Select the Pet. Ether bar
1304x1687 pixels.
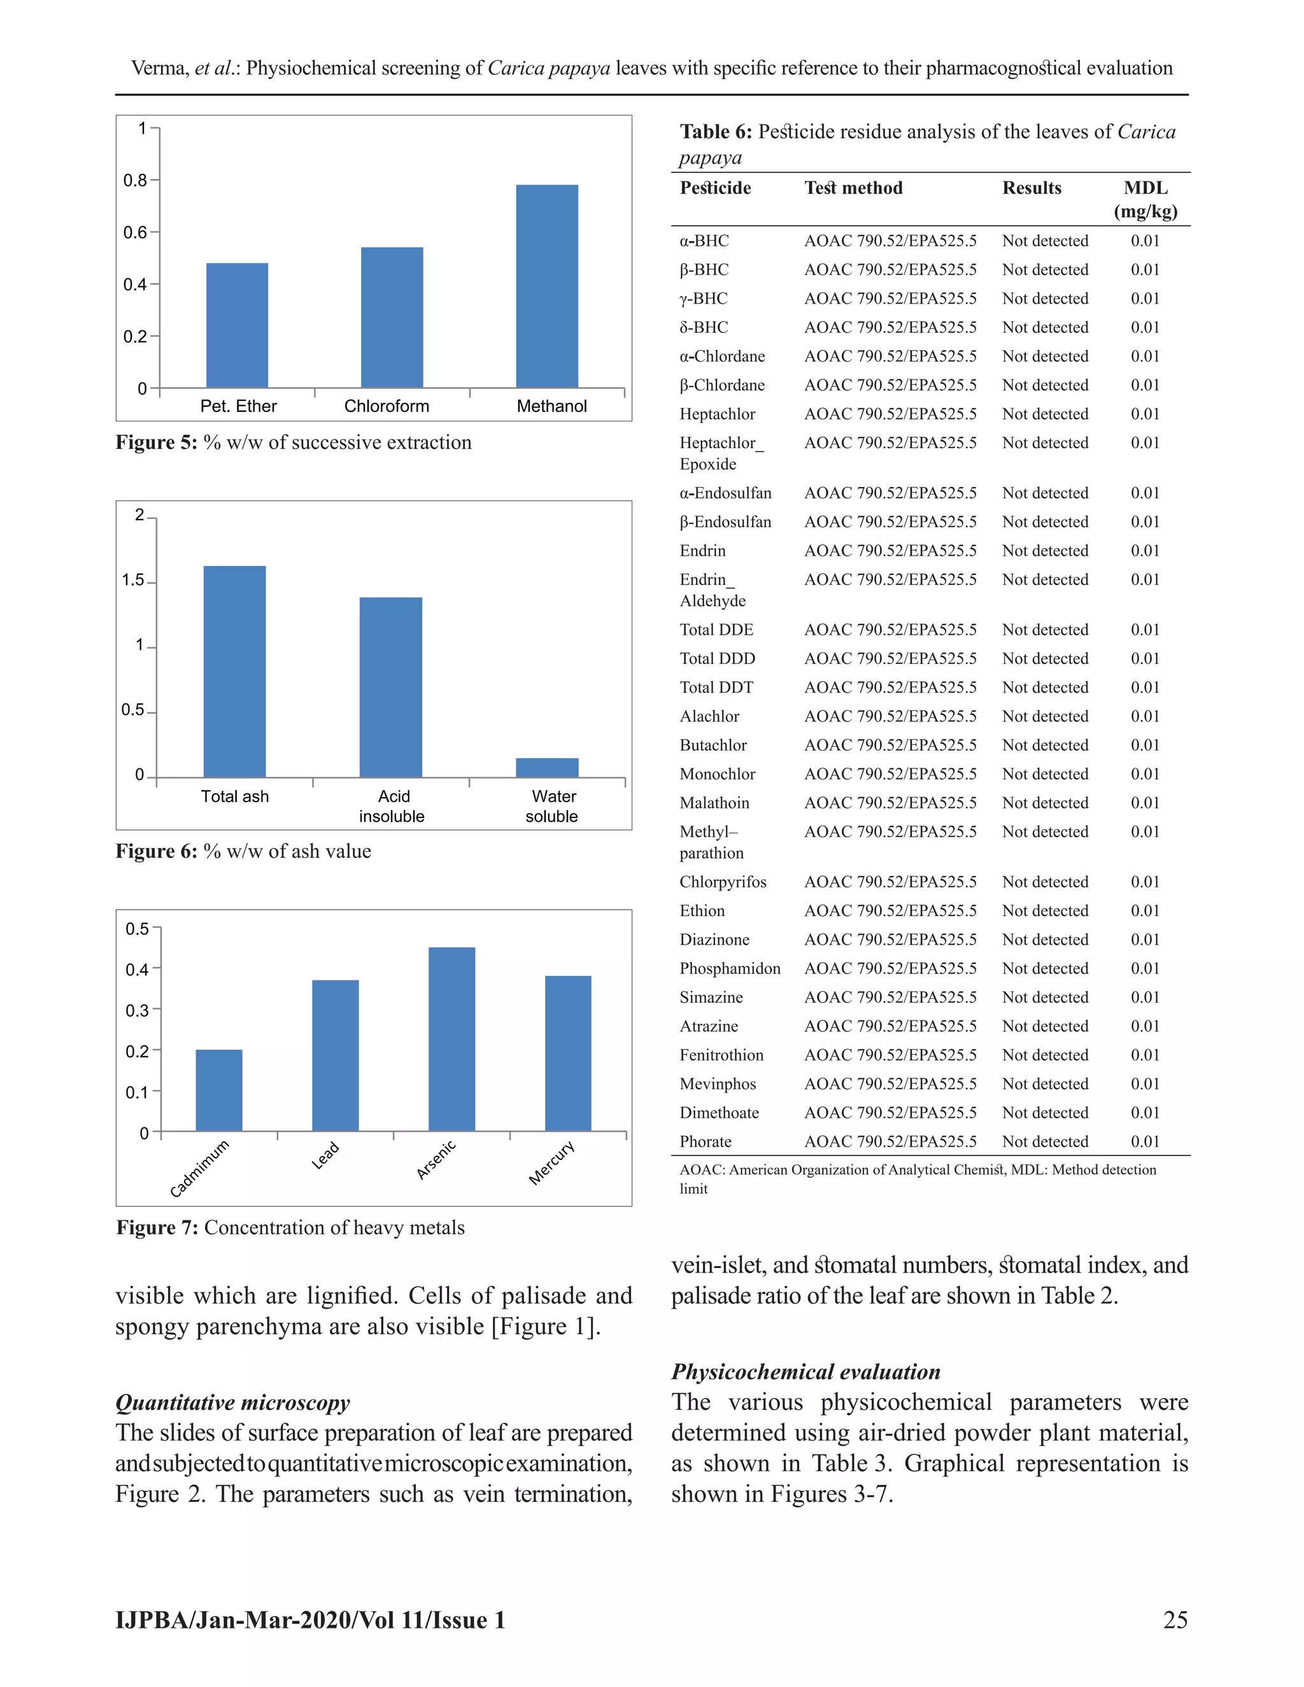click(x=237, y=325)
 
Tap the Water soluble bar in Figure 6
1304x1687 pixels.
click(x=547, y=768)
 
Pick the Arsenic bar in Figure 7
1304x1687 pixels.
click(x=452, y=1039)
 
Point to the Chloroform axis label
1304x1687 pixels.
click(x=386, y=406)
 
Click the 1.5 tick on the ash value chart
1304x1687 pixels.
click(x=133, y=580)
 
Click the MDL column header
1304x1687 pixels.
click(x=1145, y=199)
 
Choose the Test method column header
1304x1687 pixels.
click(x=853, y=188)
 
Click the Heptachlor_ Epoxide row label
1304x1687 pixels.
click(x=721, y=453)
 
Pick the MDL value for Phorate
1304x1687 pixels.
click(x=1145, y=1141)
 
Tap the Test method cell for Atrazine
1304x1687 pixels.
click(x=890, y=1027)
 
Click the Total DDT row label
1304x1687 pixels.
click(x=716, y=688)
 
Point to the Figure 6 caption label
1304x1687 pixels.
click(x=157, y=851)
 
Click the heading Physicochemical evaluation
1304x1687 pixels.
click(x=805, y=1372)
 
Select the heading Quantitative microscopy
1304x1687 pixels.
click(x=232, y=1402)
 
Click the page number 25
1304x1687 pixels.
click(x=1175, y=1620)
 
